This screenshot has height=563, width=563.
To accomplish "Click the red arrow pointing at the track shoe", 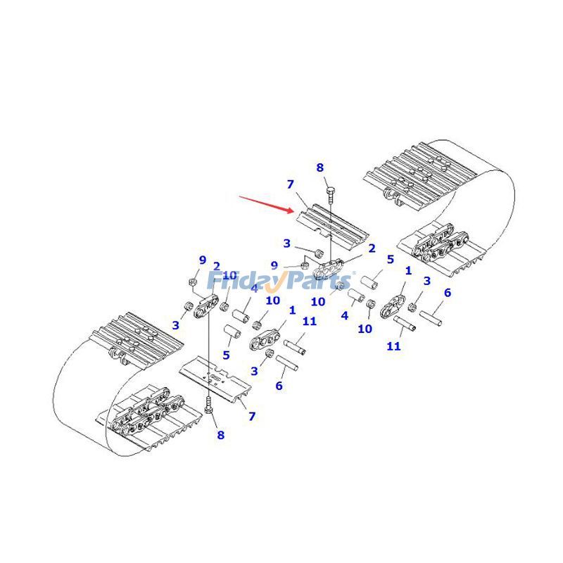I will pos(266,203).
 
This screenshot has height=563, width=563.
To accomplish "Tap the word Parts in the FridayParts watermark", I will pos(320,281).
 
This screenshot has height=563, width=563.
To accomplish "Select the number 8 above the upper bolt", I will pos(320,167).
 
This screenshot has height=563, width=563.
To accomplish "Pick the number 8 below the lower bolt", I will pos(220,436).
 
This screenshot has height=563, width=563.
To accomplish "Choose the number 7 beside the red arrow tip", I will pos(289,184).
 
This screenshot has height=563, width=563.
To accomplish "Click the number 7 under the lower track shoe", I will pos(251,417).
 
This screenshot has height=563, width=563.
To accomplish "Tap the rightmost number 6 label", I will pos(447,293).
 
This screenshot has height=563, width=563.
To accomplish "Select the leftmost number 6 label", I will pos(279,386).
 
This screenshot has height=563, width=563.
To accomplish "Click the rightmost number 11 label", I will pos(393,346).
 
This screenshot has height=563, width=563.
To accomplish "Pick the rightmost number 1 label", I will pos(408,270).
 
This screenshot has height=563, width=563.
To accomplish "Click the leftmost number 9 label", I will pos(203,260).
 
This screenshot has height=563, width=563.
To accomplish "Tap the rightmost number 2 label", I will pos(371,248).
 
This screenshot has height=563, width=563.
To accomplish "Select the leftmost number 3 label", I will pos(175,326).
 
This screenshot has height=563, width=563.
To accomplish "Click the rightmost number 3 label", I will pos(426,282).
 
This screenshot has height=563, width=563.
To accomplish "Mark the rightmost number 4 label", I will pos(344,316).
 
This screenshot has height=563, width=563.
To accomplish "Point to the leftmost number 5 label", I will pos(226,355).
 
